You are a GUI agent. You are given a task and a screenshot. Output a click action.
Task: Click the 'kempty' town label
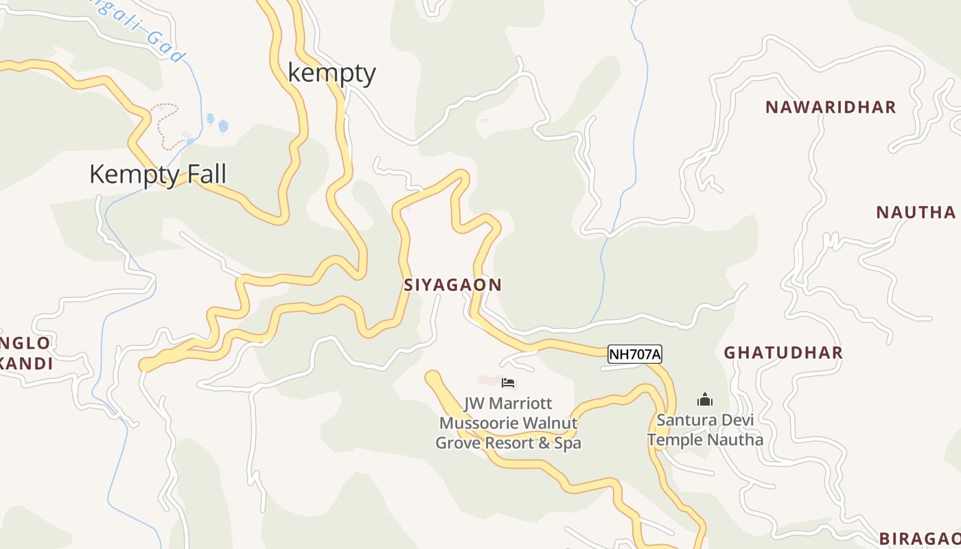pos(332,73)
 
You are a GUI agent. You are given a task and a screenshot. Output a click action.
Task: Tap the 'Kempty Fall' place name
pos(157,174)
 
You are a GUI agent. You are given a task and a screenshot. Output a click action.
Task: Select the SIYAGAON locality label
pos(452,285)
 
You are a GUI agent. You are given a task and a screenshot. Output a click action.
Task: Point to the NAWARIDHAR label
pos(831,107)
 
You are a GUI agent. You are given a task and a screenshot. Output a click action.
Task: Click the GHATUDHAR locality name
pos(783,353)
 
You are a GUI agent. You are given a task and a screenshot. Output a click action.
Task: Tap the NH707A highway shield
pos(635,354)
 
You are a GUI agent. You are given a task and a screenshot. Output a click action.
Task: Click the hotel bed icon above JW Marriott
pos(508,383)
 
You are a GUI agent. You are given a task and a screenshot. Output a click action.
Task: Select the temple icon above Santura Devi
pos(705,399)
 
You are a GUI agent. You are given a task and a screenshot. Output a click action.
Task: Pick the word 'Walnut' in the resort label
pos(553,423)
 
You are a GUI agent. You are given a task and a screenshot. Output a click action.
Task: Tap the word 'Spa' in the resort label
pos(568,443)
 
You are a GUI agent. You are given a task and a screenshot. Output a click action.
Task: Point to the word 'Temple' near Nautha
pos(674,440)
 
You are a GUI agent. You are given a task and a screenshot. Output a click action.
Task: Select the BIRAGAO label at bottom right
pos(920,538)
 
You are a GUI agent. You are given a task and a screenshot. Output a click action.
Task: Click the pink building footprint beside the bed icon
pos(489,379)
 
